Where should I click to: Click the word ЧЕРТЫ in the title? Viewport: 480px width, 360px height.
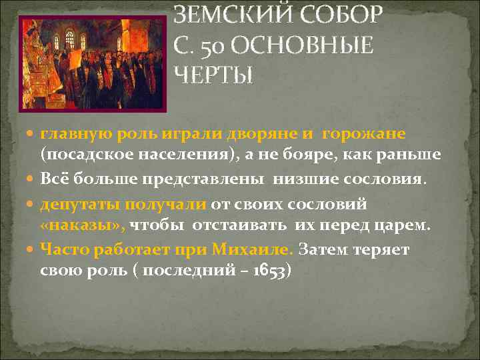tap(213, 75)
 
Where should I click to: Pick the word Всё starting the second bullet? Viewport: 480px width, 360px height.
tap(54, 179)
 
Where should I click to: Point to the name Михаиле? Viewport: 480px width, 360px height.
tap(251, 249)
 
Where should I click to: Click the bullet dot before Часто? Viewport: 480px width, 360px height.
tap(31, 250)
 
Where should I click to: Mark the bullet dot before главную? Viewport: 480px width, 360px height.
tap(31, 135)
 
